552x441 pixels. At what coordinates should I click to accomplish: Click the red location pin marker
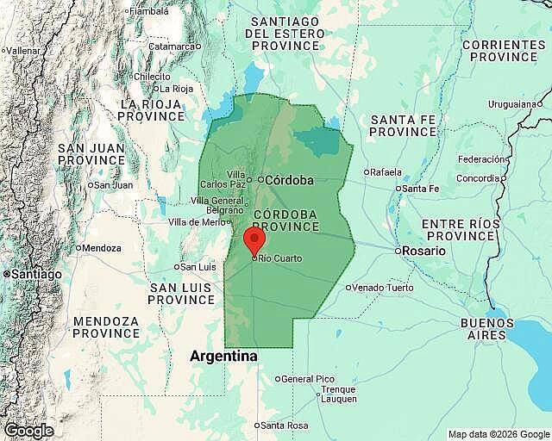(x=254, y=239)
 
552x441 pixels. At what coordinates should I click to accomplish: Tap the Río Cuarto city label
(x=279, y=257)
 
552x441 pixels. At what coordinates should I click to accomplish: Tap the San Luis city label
(x=199, y=266)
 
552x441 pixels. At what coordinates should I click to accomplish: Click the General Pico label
(x=307, y=379)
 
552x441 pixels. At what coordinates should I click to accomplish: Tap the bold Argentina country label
(x=223, y=356)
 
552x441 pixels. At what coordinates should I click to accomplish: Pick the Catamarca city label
(x=172, y=46)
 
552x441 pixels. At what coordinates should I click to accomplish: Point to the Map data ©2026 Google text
(x=498, y=433)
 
